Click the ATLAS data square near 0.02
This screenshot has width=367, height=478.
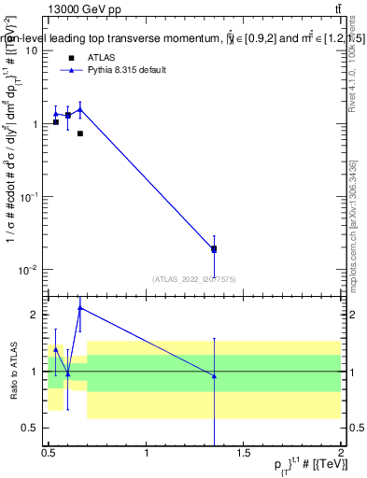point(214,249)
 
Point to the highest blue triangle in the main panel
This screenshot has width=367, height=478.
point(80,109)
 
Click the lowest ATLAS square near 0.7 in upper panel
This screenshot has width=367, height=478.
point(80,134)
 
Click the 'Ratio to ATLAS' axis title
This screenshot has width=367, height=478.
point(12,371)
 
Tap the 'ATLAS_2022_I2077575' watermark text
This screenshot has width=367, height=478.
point(193,278)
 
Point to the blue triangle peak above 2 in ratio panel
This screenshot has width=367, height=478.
point(80,307)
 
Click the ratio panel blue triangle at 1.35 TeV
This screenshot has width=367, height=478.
point(214,376)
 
